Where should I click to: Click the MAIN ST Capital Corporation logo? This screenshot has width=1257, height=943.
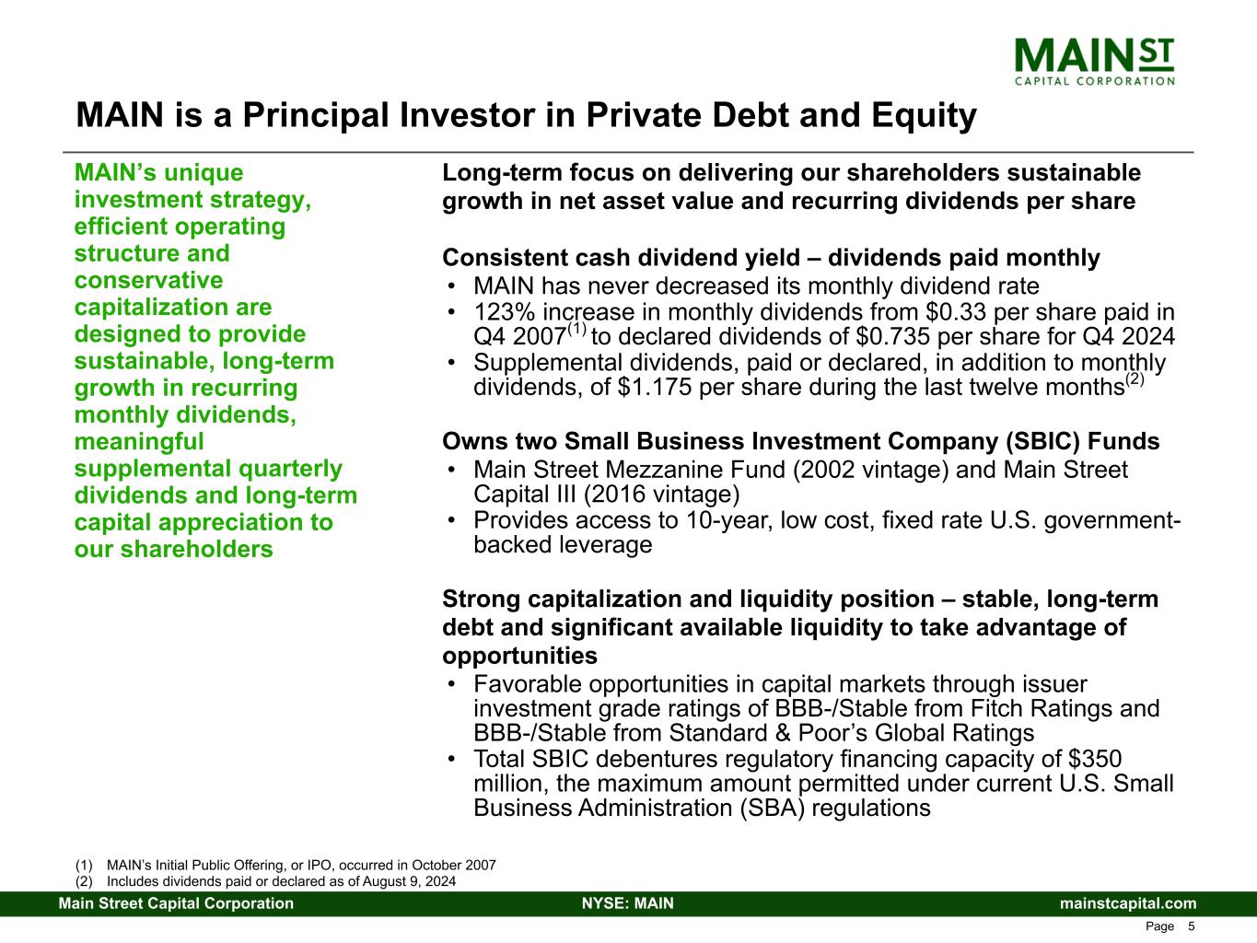(x=1093, y=60)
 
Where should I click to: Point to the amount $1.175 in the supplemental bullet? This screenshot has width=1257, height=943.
(x=656, y=387)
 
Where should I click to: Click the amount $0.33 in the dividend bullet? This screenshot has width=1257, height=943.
(x=949, y=312)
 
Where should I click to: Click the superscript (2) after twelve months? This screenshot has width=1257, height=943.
(x=1135, y=378)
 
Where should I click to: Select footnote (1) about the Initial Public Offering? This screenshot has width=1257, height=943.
(x=285, y=866)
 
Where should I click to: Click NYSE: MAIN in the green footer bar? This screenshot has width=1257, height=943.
(x=628, y=903)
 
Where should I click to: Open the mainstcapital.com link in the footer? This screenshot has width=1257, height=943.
(x=1128, y=903)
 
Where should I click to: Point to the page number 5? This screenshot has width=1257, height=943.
(x=1192, y=926)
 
